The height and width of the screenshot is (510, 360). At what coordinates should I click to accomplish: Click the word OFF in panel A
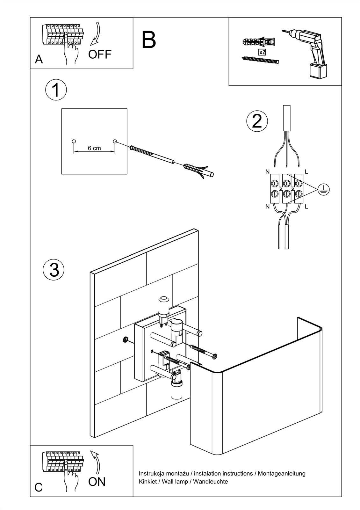(100, 55)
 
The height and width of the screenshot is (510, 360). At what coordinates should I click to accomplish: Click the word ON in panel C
(97, 482)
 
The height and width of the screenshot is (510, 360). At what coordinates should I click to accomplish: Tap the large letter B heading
(149, 40)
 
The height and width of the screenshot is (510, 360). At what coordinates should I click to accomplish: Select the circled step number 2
(257, 121)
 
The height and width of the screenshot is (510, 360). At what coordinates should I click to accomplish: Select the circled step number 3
(54, 269)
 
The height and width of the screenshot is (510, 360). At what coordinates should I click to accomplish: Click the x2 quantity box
(262, 52)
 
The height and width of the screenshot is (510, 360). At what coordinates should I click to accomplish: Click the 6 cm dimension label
(94, 148)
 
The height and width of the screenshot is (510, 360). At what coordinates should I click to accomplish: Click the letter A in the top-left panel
(39, 59)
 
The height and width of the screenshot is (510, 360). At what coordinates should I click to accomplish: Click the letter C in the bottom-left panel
(39, 487)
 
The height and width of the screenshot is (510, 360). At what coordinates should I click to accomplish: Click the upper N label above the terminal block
(267, 172)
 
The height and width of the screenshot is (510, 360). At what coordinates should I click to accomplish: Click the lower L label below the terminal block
(306, 207)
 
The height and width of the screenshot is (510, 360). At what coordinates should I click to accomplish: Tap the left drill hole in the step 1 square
(74, 141)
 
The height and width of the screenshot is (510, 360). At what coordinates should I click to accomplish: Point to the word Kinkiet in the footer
(148, 482)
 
